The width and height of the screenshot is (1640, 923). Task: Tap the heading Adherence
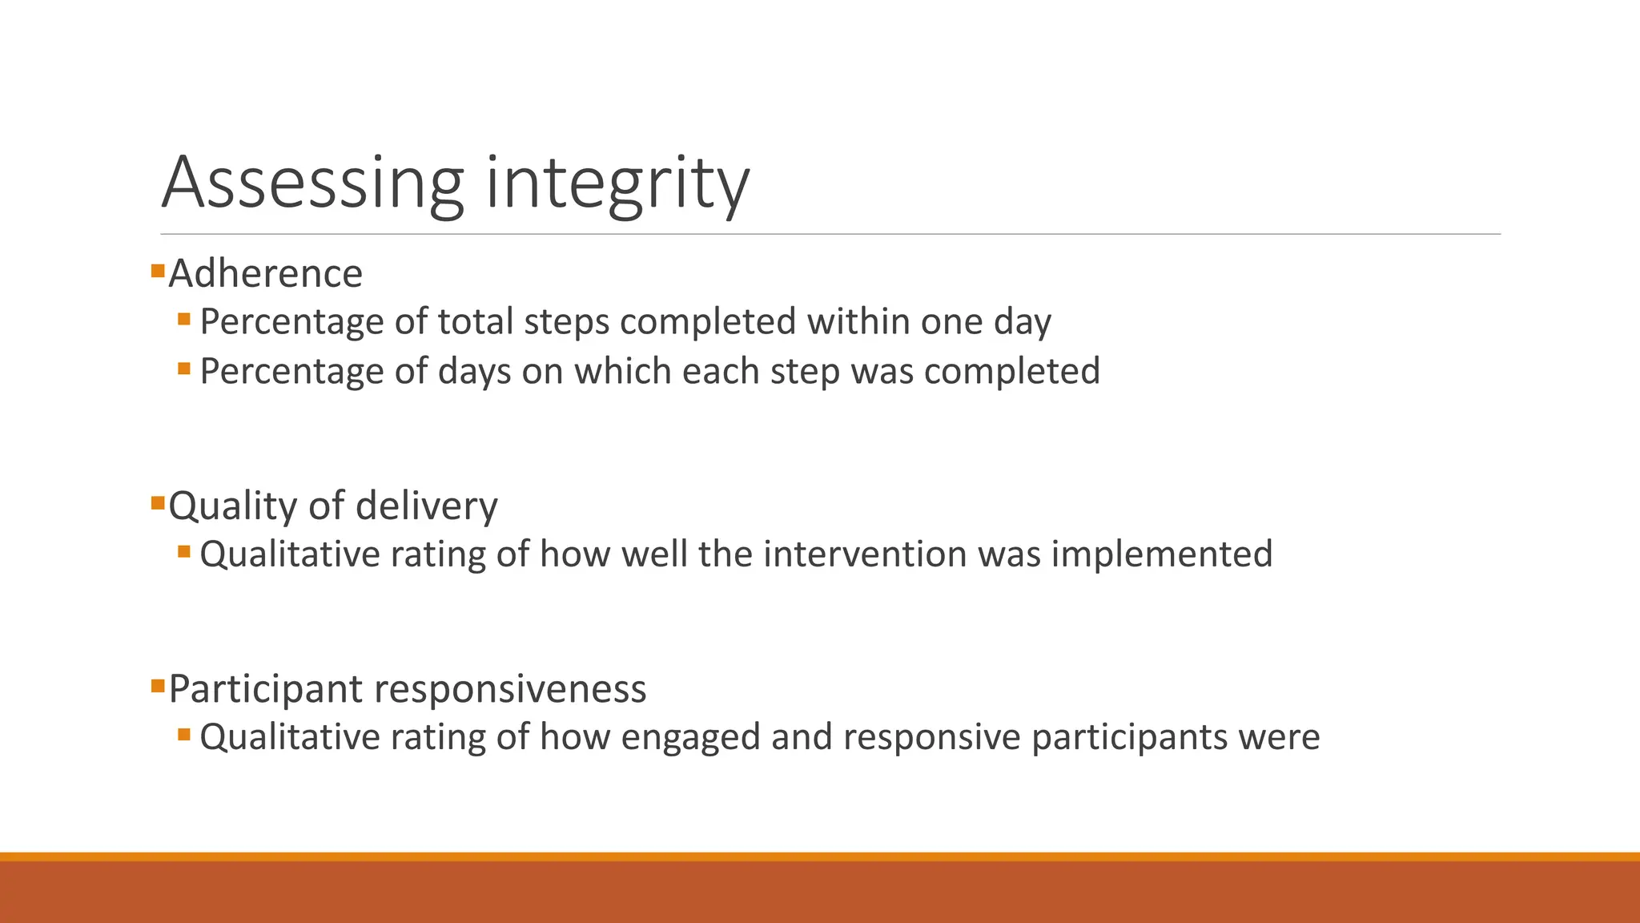click(x=265, y=273)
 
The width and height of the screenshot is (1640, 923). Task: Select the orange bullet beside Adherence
click(x=158, y=271)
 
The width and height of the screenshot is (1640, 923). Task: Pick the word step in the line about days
click(x=805, y=372)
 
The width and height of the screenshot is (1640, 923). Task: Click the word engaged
click(x=690, y=737)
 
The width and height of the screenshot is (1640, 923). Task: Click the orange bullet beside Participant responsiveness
click(x=158, y=686)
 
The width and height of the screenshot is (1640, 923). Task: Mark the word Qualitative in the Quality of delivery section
click(x=289, y=554)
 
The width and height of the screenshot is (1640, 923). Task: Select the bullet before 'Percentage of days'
click(x=184, y=369)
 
